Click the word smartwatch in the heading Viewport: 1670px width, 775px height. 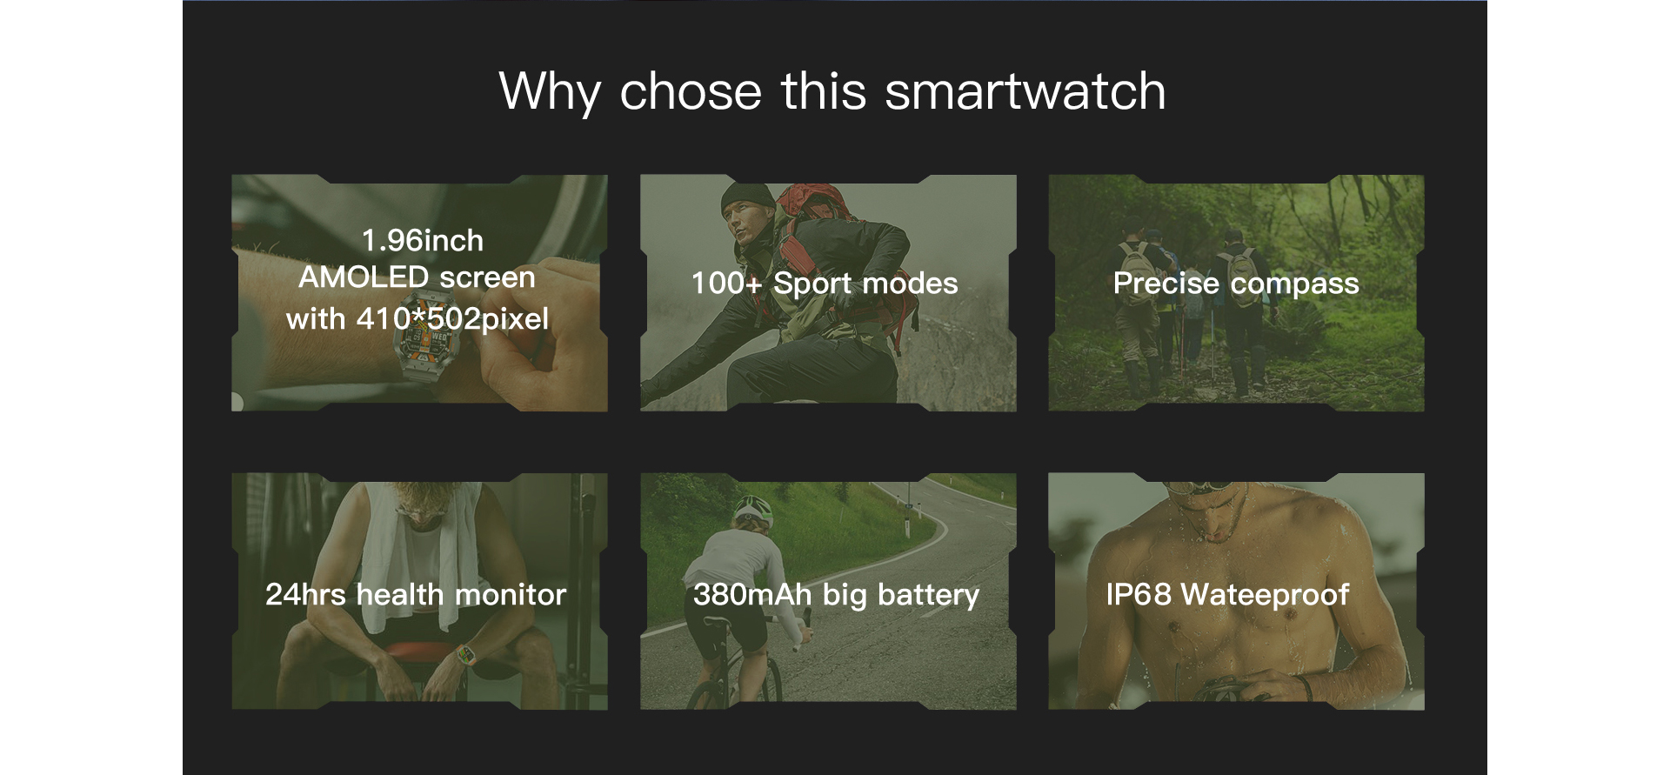coord(1025,90)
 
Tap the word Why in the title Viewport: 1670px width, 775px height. coord(550,92)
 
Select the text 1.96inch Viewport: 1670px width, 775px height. coord(423,240)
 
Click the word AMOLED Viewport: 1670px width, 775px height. coord(364,277)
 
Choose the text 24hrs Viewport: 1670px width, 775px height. coord(305,594)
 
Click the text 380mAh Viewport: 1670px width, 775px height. coord(752,594)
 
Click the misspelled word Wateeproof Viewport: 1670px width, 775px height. coord(1266,595)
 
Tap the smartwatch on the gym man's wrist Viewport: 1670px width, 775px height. coord(467,651)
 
